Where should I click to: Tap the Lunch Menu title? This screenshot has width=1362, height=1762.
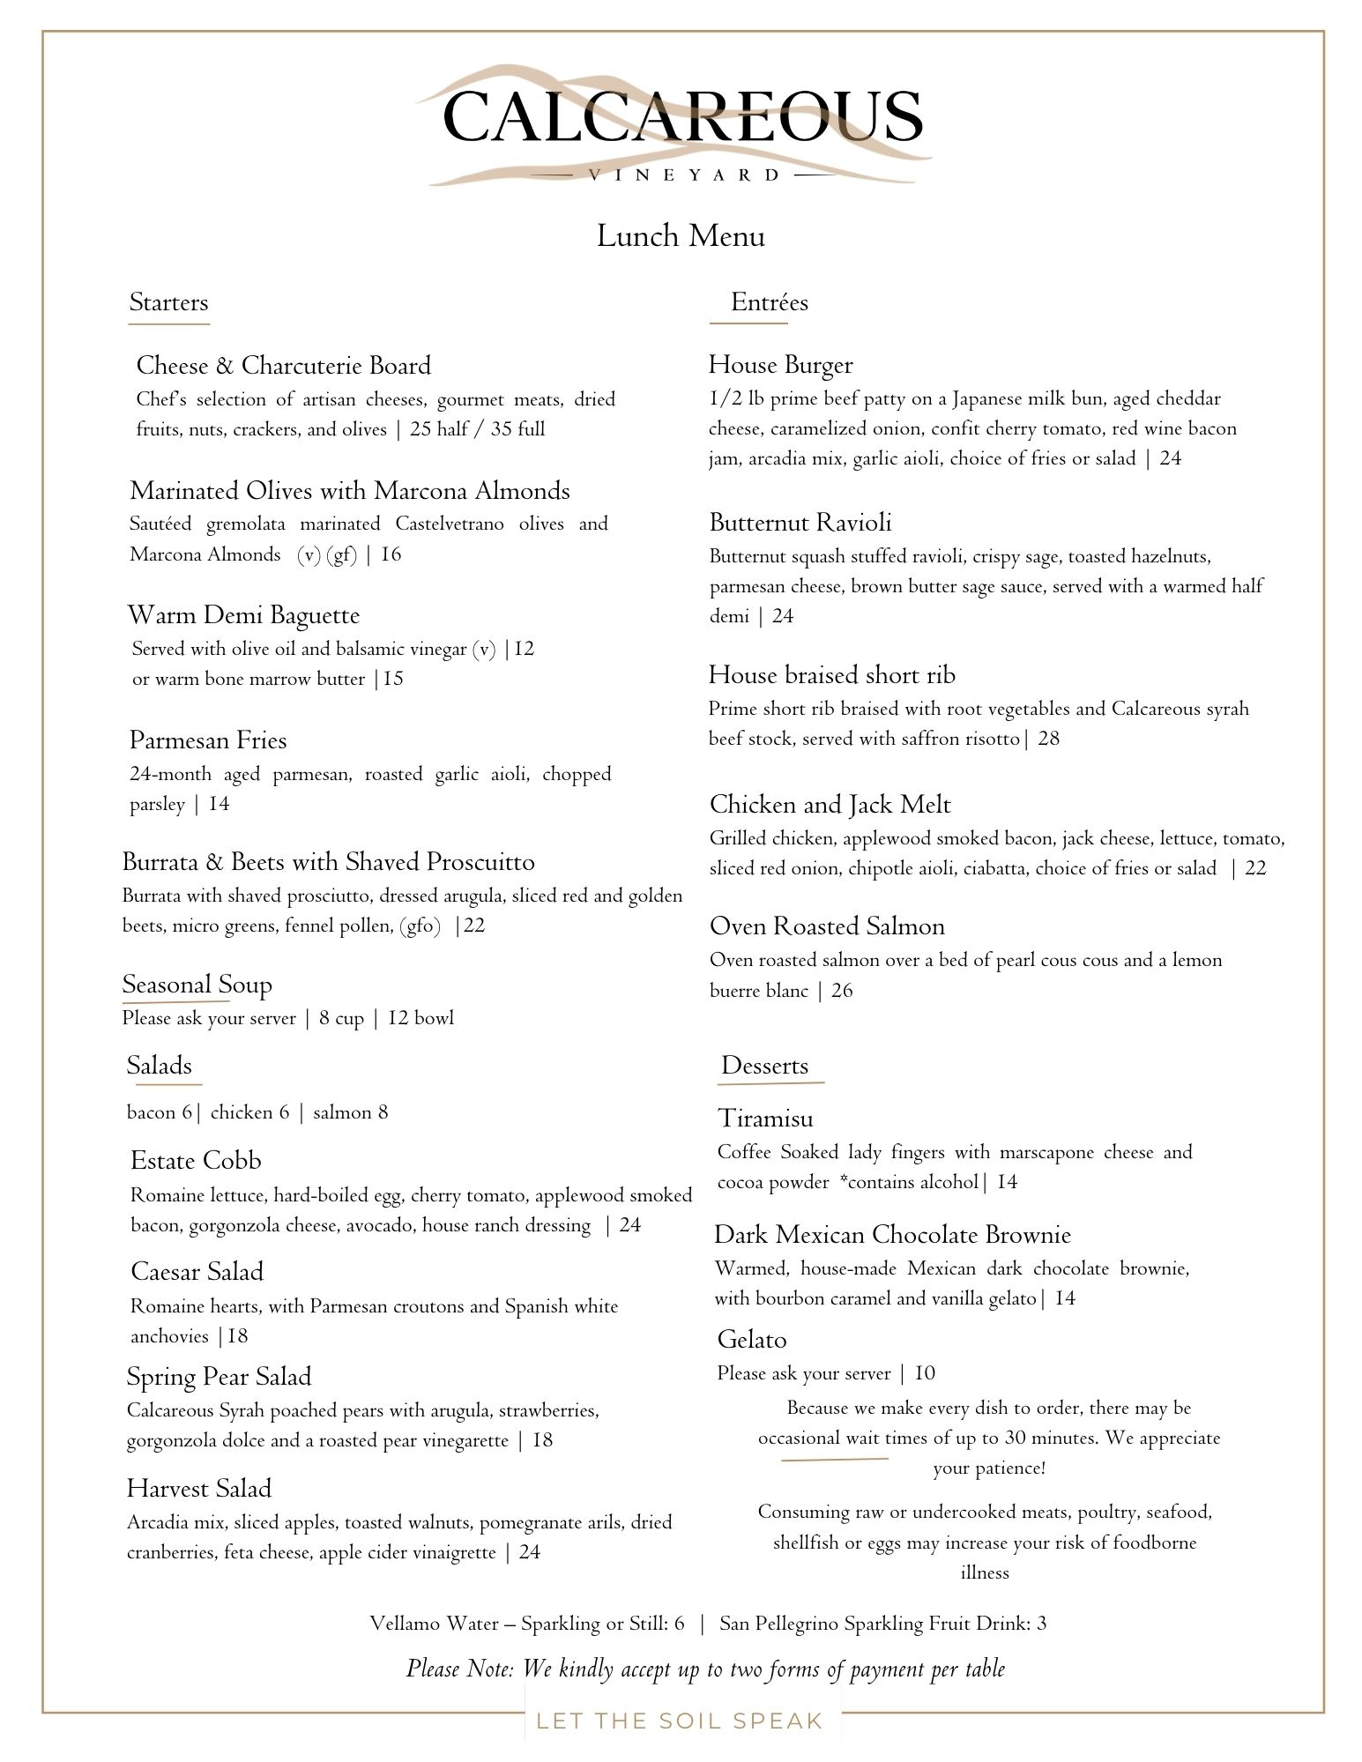pos(681,236)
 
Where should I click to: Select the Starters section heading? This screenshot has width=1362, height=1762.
pos(168,302)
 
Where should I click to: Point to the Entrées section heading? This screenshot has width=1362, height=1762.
pos(769,302)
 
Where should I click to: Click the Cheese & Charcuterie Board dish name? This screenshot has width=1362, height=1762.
pos(283,366)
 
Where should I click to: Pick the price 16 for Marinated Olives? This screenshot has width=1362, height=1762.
pos(391,554)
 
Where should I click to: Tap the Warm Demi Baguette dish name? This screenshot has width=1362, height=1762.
pos(243,615)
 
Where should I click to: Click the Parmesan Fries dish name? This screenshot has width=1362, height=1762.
pos(208,740)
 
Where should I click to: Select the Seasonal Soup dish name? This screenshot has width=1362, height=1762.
pos(197,985)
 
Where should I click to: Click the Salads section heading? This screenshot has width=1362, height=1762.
pos(159,1066)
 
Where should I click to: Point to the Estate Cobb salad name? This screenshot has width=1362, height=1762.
pos(196,1161)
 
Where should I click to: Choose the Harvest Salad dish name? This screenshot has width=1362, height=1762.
pos(198,1489)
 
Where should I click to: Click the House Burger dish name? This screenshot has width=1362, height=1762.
pos(780,365)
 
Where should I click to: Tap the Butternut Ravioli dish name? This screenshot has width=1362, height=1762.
pos(800,523)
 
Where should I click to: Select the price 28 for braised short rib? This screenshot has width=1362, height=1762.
pos(1049,739)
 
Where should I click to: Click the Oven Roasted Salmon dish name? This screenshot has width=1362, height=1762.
pos(827,926)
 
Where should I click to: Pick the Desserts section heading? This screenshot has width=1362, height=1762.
pos(764,1066)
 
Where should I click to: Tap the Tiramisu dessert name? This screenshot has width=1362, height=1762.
pos(765,1119)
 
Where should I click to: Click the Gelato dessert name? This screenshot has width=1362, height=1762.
pos(751,1340)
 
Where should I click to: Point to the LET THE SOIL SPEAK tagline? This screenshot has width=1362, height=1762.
pos(679,1721)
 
